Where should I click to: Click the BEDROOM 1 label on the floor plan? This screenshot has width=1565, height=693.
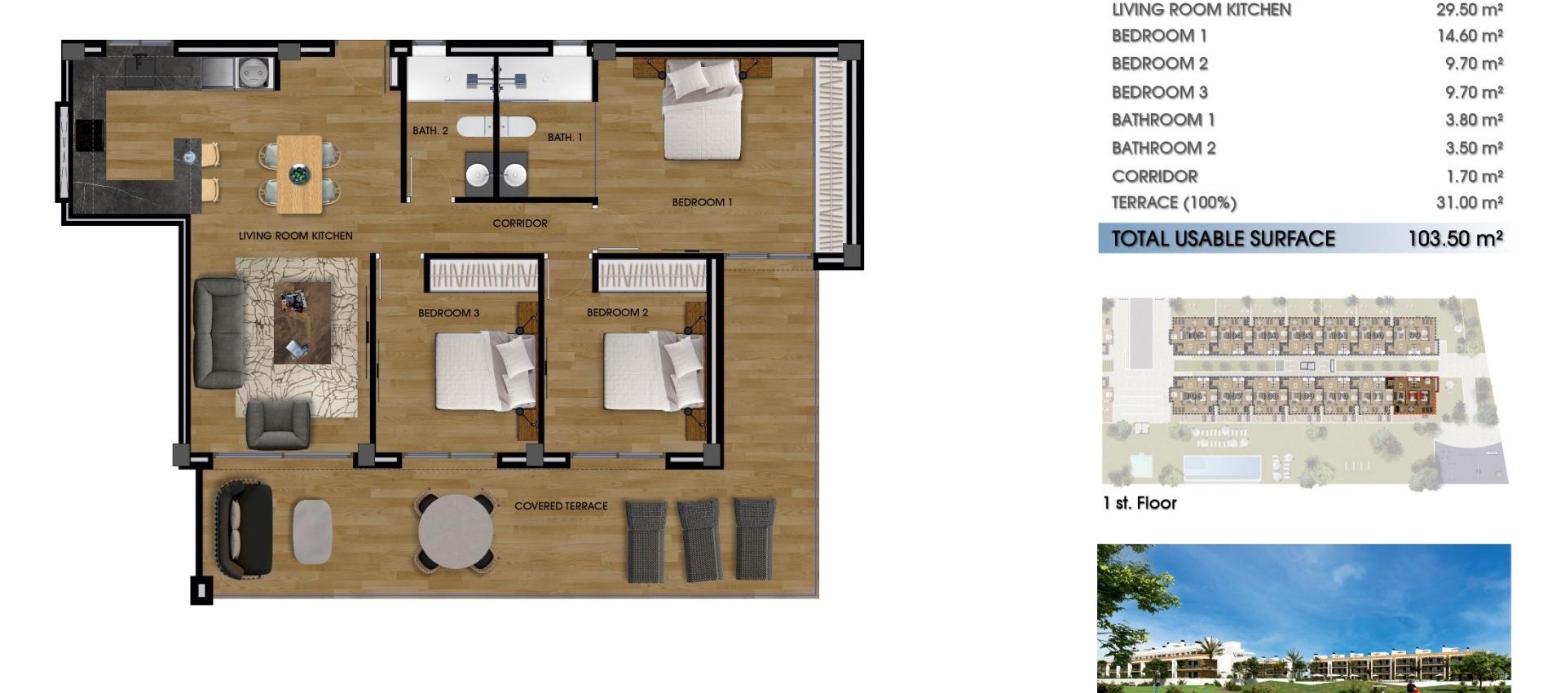(702, 202)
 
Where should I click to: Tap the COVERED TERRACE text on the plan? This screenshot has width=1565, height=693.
(561, 506)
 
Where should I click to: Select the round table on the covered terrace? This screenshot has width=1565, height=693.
(455, 532)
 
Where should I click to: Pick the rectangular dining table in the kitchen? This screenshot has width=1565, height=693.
(299, 174)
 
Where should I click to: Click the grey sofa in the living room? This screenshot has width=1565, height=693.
(218, 333)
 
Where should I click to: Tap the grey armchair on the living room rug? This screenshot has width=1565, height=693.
(278, 424)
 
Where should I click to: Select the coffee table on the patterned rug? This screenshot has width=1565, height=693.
(302, 323)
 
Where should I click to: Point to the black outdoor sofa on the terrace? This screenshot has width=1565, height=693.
(244, 530)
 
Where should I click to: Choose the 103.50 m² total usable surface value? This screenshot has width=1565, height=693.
(1455, 239)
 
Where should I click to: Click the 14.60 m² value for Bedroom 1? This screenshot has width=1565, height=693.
(1470, 36)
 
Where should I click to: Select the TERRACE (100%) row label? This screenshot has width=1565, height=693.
(1174, 203)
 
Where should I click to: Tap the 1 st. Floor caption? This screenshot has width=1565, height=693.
(1140, 503)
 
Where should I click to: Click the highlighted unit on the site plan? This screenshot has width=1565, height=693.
(1413, 396)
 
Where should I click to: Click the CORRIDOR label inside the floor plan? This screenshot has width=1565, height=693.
(520, 223)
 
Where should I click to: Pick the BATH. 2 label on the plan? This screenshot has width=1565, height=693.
(430, 130)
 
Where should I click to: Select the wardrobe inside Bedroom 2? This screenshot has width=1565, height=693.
(652, 276)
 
